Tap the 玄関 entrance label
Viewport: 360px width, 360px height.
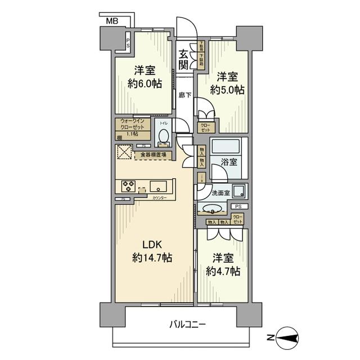183,60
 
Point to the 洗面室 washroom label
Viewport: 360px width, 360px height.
220,193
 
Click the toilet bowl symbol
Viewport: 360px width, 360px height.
163,136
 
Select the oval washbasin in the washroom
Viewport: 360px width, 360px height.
213,211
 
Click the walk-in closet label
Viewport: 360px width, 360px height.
133,127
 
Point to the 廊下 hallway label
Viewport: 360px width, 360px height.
184,95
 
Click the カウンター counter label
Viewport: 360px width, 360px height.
159,198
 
